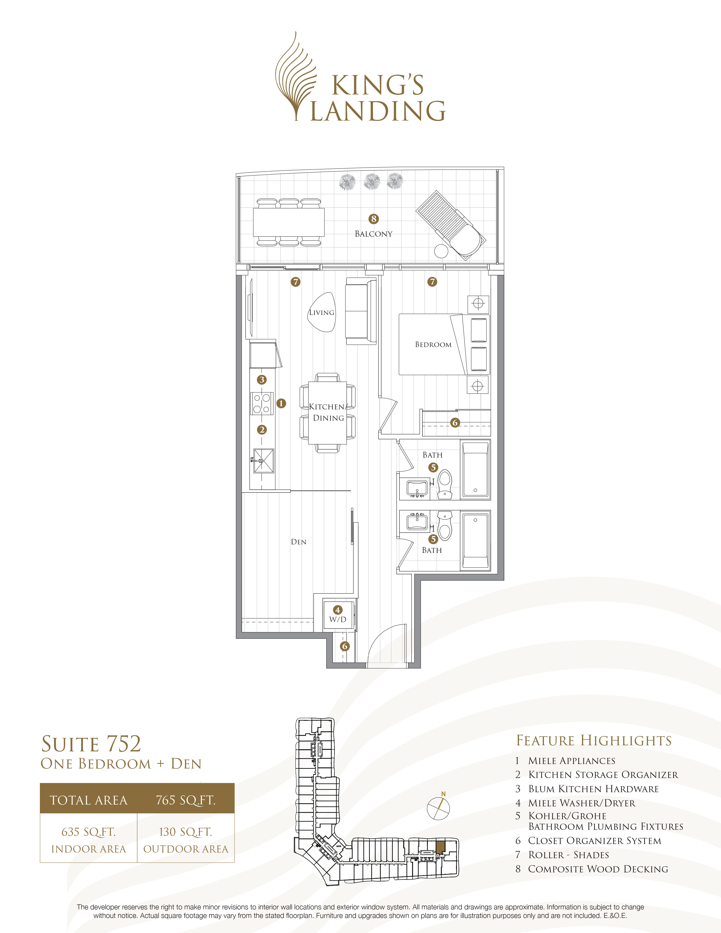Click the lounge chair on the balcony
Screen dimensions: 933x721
tap(451, 225)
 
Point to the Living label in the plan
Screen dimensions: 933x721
tap(322, 312)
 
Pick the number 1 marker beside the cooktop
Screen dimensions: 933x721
tap(281, 403)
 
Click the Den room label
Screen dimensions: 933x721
tap(299, 542)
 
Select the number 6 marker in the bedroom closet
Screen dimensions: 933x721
tap(455, 422)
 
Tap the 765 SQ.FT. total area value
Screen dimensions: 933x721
tap(186, 800)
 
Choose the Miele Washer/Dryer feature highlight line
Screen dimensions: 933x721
tap(581, 803)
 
